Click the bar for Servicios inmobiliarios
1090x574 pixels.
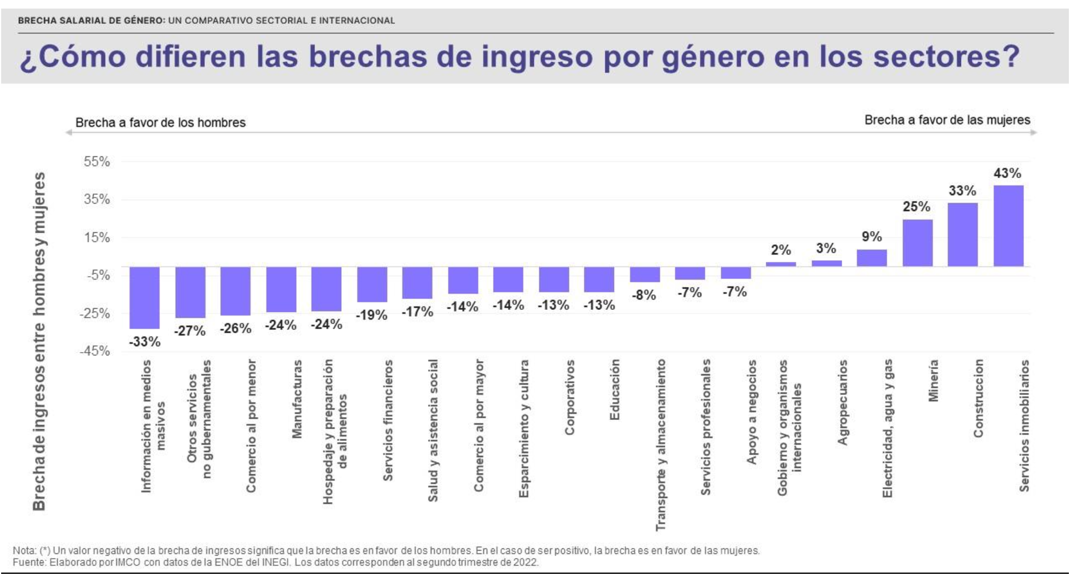(1008, 226)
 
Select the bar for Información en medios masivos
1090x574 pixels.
(144, 297)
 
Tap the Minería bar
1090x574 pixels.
(917, 243)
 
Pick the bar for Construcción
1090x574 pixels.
(962, 235)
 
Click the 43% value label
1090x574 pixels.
(1007, 173)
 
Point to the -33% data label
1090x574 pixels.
(144, 342)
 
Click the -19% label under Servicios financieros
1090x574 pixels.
(372, 315)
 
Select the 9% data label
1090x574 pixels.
(871, 236)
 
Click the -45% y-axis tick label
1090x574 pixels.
(95, 351)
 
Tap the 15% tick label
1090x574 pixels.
(97, 237)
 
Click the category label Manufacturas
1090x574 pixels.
(297, 399)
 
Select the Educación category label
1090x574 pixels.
(615, 390)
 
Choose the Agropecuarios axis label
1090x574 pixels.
(842, 402)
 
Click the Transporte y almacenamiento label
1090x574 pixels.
(661, 444)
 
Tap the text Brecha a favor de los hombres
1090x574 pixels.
(160, 123)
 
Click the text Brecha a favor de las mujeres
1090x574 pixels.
(947, 120)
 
